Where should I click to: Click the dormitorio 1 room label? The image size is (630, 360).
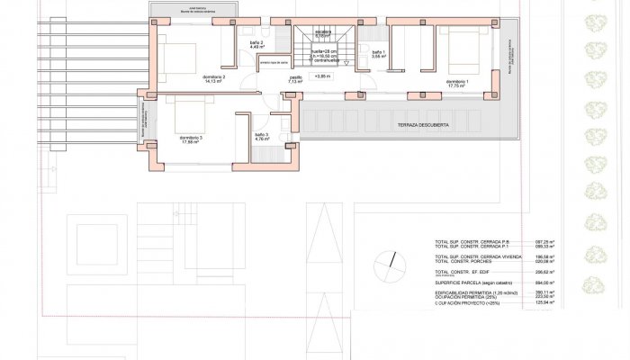pyautogui.click(x=456, y=82)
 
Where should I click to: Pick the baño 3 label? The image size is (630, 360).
pyautogui.click(x=262, y=137)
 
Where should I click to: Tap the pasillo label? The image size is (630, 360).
pyautogui.click(x=295, y=79)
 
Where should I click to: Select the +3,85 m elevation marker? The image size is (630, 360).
pyautogui.click(x=323, y=77)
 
